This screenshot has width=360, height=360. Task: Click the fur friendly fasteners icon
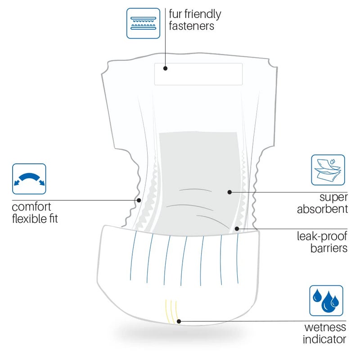pyautogui.click(x=143, y=23)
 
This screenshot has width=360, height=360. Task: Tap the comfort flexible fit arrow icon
pyautogui.click(x=29, y=179)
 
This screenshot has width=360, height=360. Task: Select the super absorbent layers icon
pyautogui.click(x=328, y=170)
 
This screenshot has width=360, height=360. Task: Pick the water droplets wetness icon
pyautogui.click(x=326, y=301)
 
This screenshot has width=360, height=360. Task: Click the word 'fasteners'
pyautogui.click(x=192, y=26)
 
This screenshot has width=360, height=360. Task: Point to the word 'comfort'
pyautogui.click(x=31, y=207)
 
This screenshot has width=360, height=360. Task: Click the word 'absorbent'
pyautogui.click(x=322, y=209)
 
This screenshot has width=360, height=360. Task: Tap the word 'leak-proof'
pyautogui.click(x=322, y=237)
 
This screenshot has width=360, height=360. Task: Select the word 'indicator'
pyautogui.click(x=324, y=339)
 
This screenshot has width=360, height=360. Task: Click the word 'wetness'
pyautogui.click(x=325, y=327)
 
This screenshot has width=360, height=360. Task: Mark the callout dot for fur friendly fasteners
pyautogui.click(x=165, y=68)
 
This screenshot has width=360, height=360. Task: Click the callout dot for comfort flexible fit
pyautogui.click(x=139, y=200)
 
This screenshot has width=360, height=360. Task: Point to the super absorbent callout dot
pyautogui.click(x=229, y=192)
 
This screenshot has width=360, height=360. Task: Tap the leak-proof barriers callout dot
pyautogui.click(x=237, y=229)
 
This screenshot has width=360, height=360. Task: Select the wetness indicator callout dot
pyautogui.click(x=179, y=321)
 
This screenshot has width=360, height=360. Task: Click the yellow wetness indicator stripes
pyautogui.click(x=171, y=311)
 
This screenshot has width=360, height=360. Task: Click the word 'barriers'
pyautogui.click(x=329, y=248)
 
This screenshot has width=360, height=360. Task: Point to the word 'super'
pyautogui.click(x=333, y=198)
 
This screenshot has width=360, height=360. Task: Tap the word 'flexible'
pyautogui.click(x=27, y=218)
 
